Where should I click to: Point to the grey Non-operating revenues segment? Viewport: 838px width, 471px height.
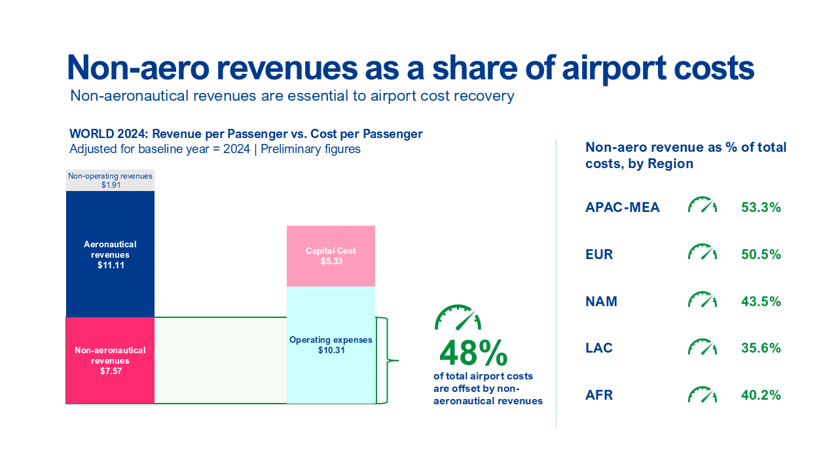click(110, 181)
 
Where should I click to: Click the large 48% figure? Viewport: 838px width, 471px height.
click(473, 353)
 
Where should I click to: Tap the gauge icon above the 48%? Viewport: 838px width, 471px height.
click(458, 318)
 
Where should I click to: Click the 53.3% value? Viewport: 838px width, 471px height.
click(761, 208)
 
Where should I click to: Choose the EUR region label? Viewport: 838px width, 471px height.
click(599, 254)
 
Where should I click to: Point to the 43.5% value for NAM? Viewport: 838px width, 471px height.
click(761, 302)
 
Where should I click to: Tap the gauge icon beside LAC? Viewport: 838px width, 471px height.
click(702, 347)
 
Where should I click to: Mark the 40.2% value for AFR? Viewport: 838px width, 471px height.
click(761, 395)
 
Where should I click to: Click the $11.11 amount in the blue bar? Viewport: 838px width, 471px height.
click(110, 265)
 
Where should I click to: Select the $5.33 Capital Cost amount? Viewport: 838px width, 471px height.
click(331, 261)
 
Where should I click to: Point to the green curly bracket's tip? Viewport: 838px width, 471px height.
click(397, 360)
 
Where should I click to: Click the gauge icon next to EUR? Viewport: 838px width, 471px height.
click(702, 253)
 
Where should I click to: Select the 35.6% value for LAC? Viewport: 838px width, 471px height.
click(761, 348)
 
